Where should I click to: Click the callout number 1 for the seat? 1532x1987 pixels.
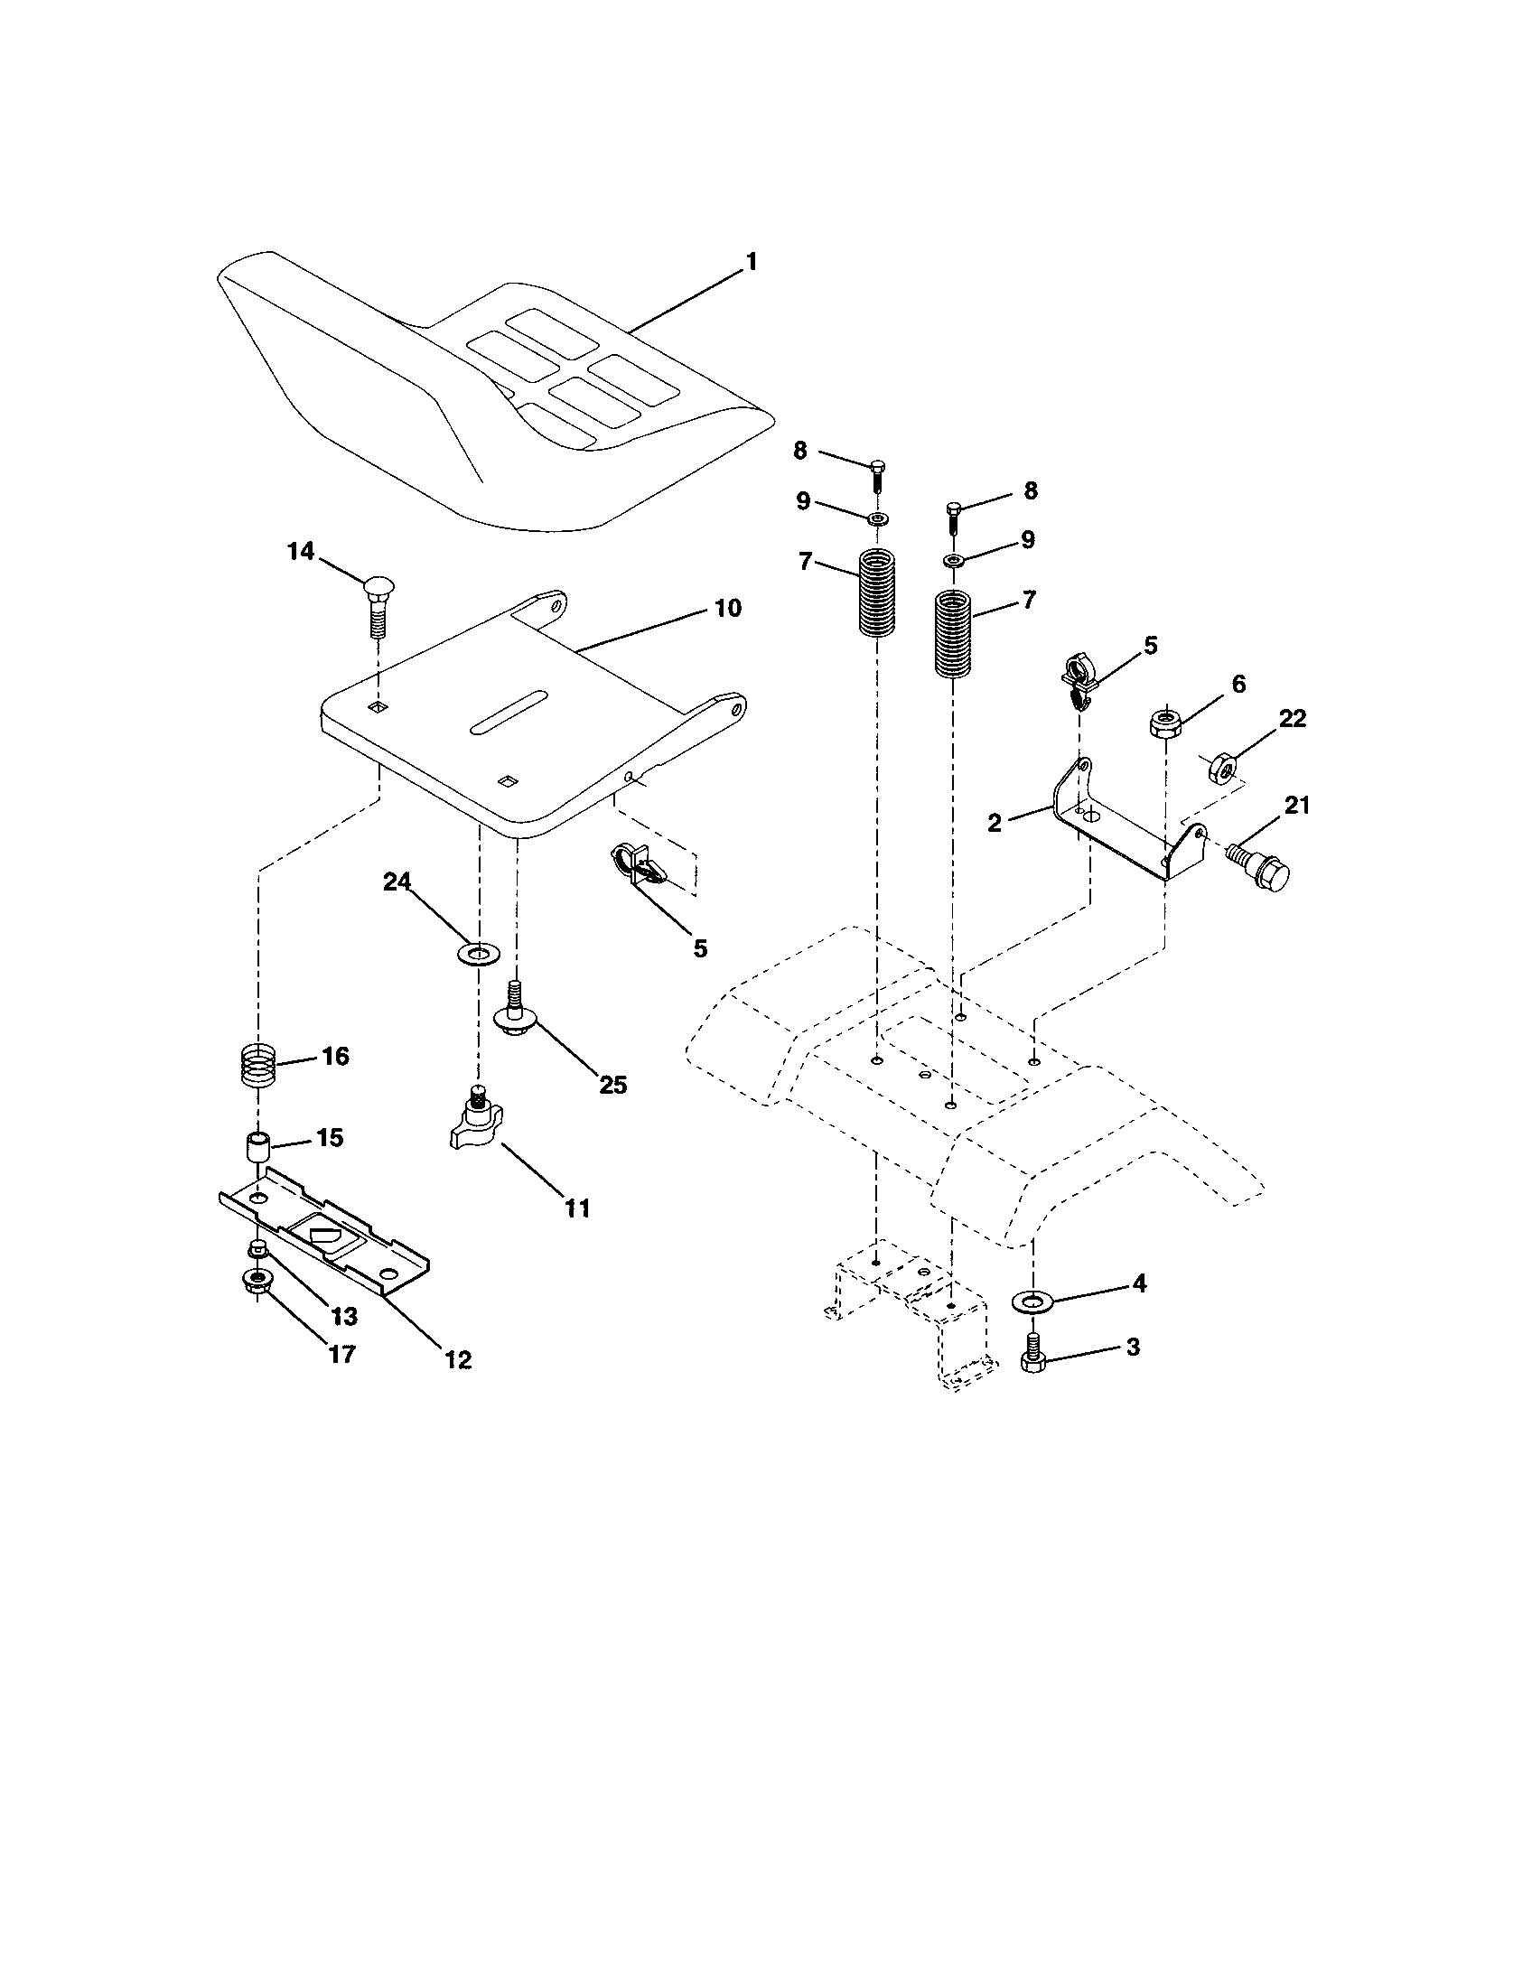click(x=751, y=263)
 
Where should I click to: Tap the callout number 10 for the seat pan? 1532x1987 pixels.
click(x=728, y=609)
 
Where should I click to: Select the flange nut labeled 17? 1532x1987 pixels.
click(x=256, y=1283)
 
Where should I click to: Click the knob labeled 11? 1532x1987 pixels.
click(x=476, y=1123)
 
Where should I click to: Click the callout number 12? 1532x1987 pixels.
click(x=459, y=1360)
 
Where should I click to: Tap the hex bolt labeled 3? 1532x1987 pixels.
click(x=1031, y=1356)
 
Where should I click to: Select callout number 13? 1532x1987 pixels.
click(x=344, y=1317)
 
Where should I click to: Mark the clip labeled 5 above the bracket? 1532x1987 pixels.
click(x=1079, y=680)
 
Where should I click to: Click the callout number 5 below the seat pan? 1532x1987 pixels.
click(x=698, y=948)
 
